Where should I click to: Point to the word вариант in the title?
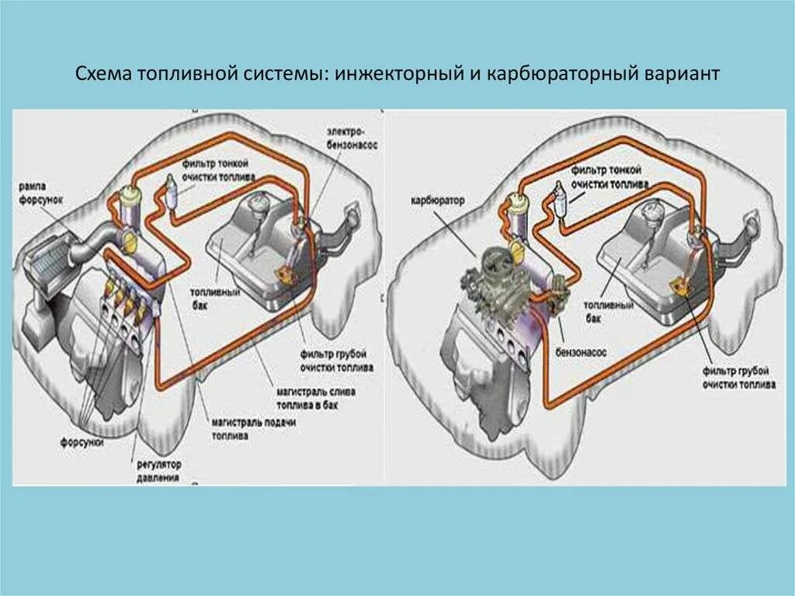(x=682, y=74)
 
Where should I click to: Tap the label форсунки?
(x=82, y=441)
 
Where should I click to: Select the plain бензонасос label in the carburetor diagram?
(x=582, y=352)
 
